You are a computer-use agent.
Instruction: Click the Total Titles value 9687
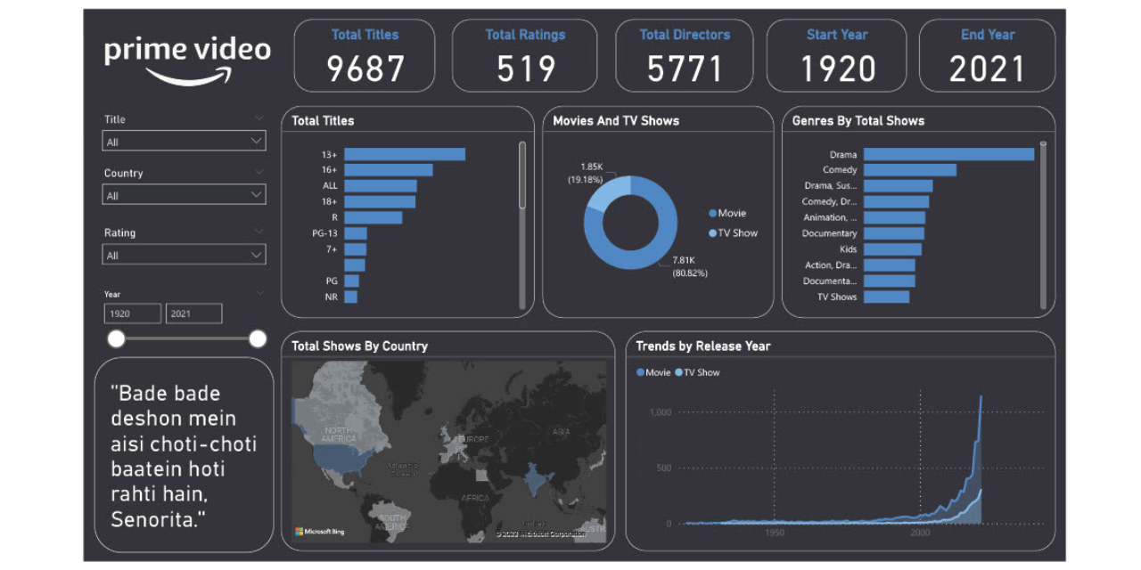click(365, 69)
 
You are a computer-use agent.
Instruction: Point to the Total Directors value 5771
click(685, 69)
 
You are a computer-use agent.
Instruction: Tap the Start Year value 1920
click(836, 69)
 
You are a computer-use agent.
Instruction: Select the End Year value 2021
click(987, 69)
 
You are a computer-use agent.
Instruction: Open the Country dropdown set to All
click(185, 195)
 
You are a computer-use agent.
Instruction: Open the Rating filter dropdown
click(185, 256)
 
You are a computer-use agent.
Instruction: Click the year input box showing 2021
click(193, 313)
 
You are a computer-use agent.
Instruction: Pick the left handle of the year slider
click(116, 338)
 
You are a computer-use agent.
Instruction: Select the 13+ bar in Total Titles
click(405, 154)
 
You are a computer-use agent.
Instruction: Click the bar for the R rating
click(373, 217)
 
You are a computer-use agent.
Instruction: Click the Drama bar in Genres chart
click(948, 154)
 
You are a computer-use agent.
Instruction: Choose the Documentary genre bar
click(893, 233)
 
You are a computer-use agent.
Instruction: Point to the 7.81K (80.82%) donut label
click(690, 266)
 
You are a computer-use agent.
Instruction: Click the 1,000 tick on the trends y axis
click(660, 412)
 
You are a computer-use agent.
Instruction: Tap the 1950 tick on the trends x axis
click(774, 533)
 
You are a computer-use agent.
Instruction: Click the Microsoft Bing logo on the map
click(319, 532)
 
